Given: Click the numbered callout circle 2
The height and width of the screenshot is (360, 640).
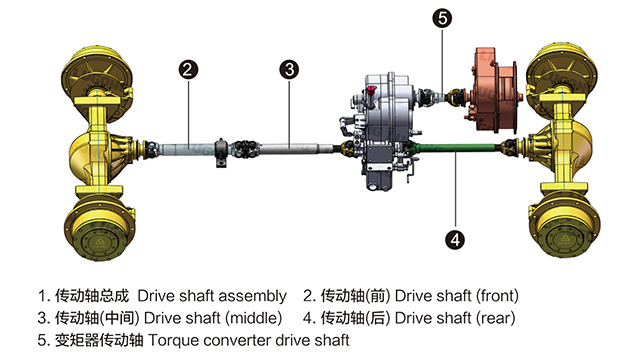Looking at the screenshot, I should click(187, 69).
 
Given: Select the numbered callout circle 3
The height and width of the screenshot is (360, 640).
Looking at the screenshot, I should click(289, 69).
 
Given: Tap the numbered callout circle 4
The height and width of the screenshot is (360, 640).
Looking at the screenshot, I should click(452, 239).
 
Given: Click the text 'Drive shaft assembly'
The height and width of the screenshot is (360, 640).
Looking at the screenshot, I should click(212, 297).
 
